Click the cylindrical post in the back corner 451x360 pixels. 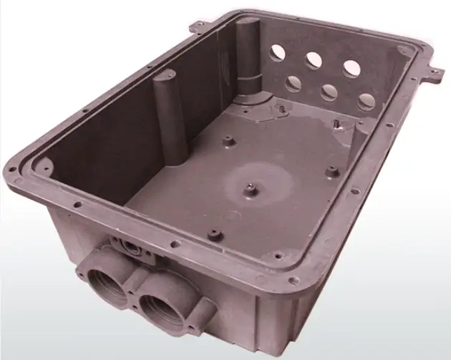click(x=250, y=57)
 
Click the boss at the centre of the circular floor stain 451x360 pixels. click(x=252, y=188)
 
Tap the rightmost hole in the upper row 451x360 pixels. click(x=351, y=68)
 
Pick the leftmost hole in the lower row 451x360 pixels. click(x=294, y=84)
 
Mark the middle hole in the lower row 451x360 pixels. click(x=330, y=92)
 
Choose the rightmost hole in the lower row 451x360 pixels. click(x=366, y=102)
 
